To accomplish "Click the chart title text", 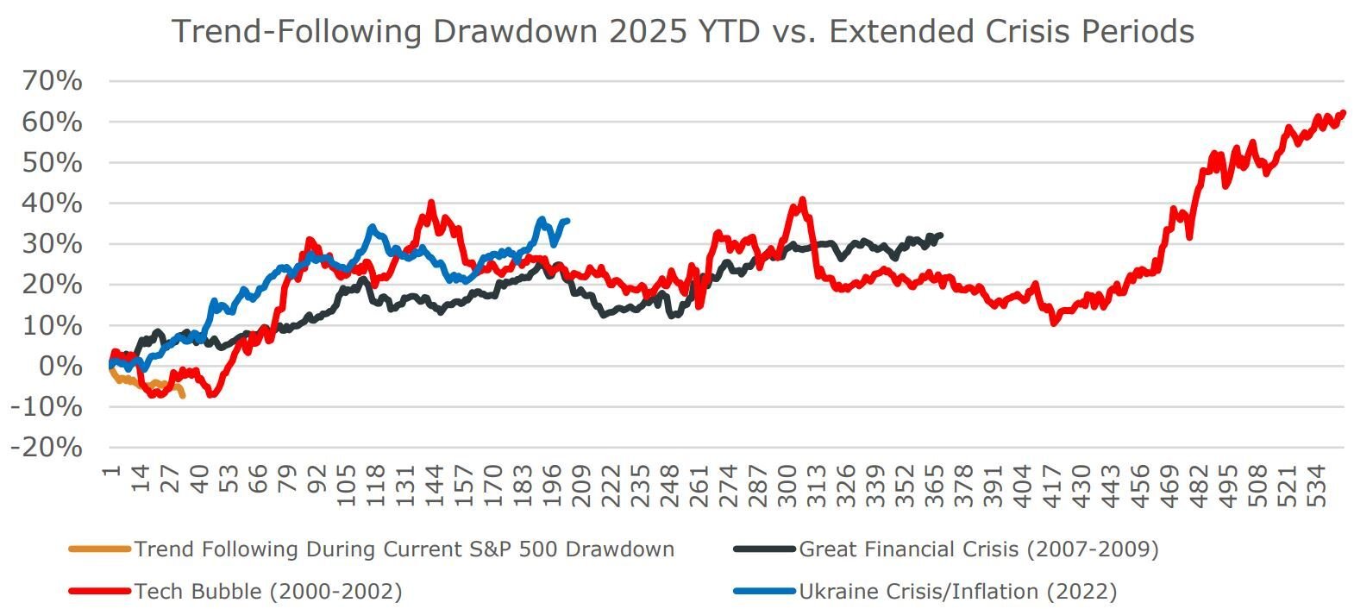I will tap(683, 31).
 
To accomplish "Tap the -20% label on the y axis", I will tap(47, 448).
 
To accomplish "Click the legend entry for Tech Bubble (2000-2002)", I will tap(268, 591).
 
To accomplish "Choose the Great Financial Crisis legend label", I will tap(979, 549).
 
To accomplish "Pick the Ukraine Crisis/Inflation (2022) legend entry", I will tap(957, 591).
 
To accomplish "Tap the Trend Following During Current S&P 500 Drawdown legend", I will tap(404, 549).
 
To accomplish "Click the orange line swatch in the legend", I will tap(99, 549).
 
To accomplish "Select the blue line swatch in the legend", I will tap(764, 591).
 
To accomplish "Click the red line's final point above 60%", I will tap(1343, 112).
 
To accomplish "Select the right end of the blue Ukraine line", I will tap(567, 221).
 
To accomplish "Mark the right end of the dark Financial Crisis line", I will tap(940, 235).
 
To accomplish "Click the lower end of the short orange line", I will tap(182, 395).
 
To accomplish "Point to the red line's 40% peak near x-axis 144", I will tap(431, 204).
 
